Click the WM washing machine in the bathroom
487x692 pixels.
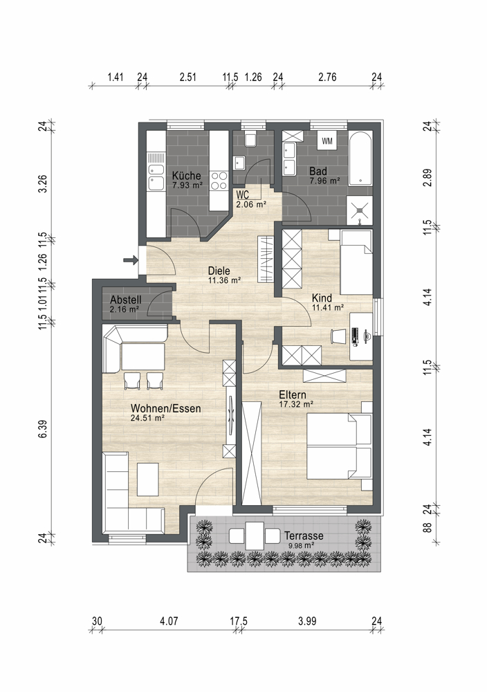point(327,140)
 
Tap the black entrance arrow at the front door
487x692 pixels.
point(130,260)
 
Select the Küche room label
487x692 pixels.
point(187,175)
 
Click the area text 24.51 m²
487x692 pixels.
point(147,418)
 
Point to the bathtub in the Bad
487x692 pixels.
point(360,158)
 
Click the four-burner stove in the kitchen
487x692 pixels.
point(219,180)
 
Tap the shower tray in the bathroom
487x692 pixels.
point(360,210)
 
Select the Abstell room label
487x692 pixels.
point(126,300)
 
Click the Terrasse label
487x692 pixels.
point(304,536)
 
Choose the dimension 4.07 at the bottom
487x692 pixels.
point(169,621)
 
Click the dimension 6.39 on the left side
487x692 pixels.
point(43,428)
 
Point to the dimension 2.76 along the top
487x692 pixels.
point(327,78)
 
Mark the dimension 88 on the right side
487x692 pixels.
point(427,527)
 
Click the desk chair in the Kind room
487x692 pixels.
point(339,336)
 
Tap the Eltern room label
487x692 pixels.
point(293,394)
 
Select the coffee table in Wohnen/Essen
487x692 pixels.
point(148,479)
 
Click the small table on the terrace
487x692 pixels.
point(255,536)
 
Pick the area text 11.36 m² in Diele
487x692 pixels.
point(225,280)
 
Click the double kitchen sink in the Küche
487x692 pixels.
point(156,176)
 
